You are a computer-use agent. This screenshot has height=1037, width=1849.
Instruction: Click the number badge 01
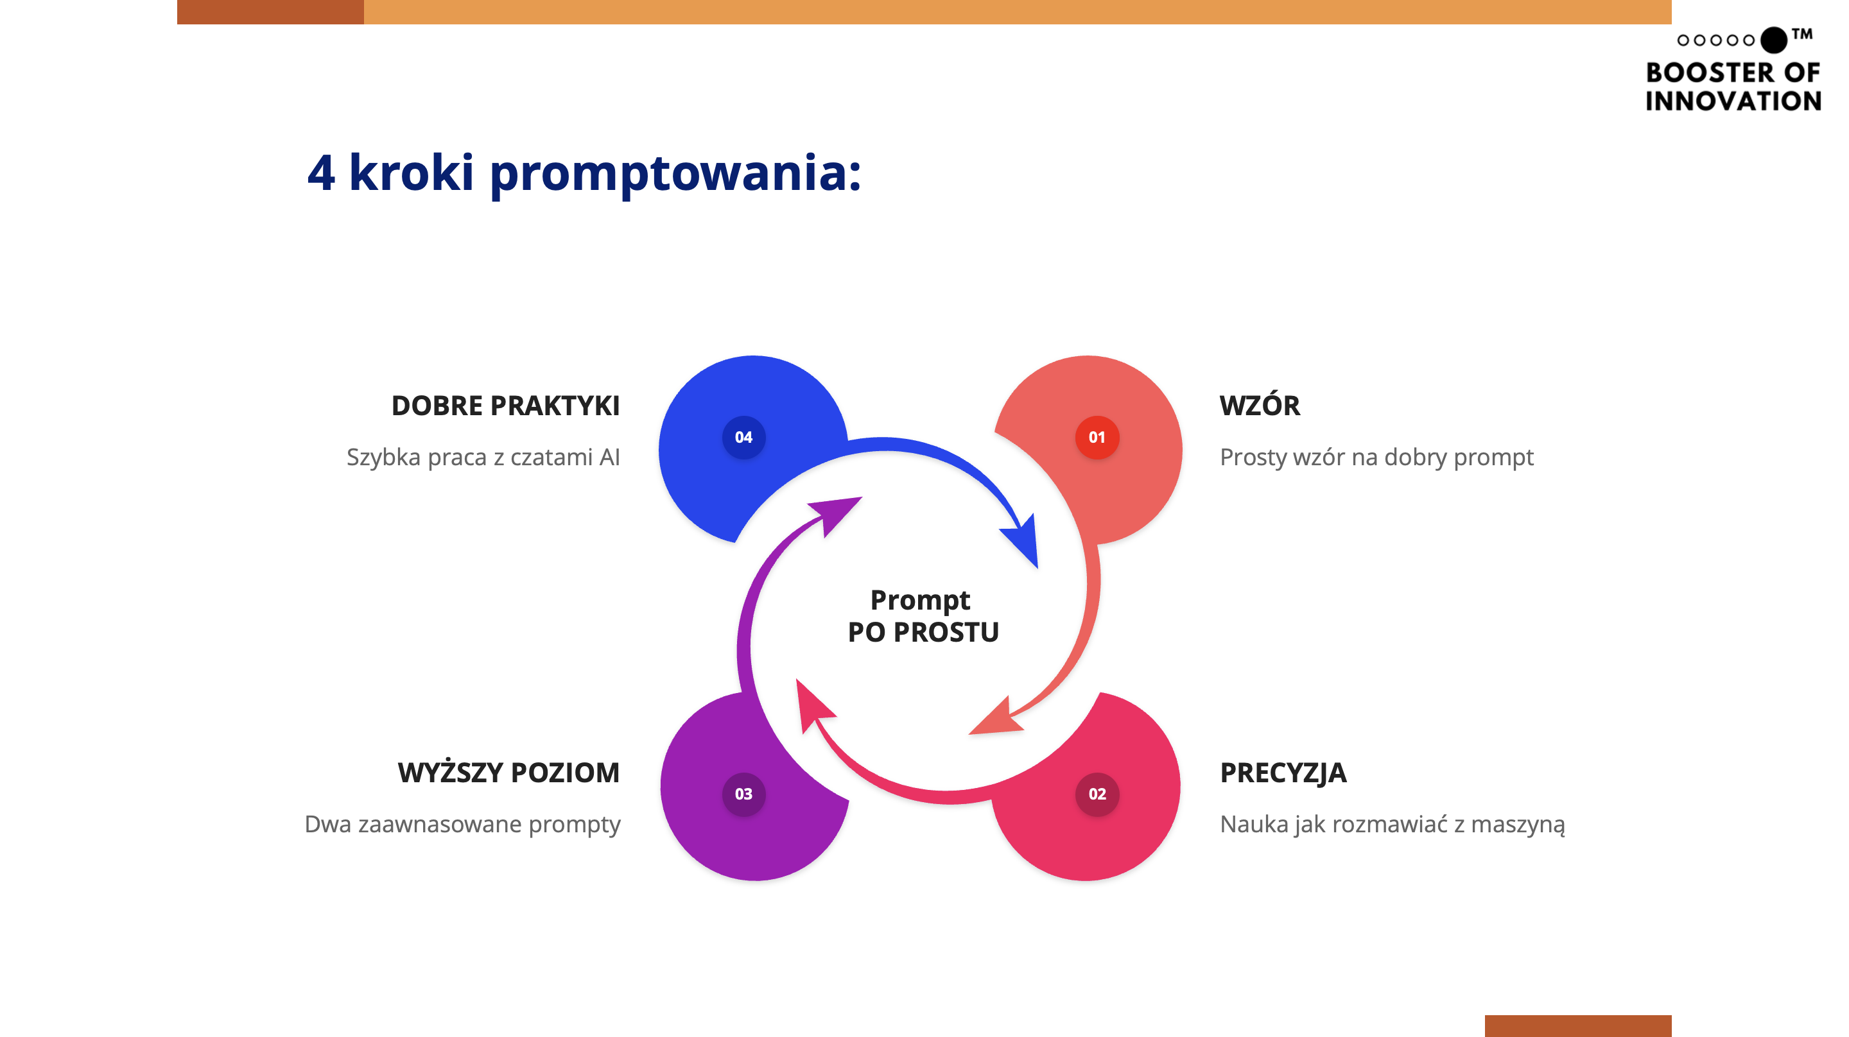coord(1096,437)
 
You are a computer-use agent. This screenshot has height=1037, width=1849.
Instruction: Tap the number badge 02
coord(1096,794)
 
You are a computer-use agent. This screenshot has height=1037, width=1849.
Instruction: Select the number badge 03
coord(743,794)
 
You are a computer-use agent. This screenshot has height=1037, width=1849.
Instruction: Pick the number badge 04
coord(743,437)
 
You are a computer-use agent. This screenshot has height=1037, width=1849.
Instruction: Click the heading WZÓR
coord(1259,406)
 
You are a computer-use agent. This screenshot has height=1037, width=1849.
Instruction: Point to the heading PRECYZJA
coord(1283,773)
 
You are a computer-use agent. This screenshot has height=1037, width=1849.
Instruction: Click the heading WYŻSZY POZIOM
coord(508,773)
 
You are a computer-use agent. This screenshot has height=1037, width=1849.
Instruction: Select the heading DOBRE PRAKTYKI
coord(505,406)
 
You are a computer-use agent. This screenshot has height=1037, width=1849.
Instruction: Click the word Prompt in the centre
coord(919,600)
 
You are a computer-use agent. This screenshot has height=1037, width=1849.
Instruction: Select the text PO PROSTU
coord(923,632)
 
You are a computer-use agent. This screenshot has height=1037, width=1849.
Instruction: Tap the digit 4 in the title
coord(321,174)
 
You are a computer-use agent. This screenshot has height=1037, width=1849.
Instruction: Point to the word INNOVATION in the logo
coord(1733,101)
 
